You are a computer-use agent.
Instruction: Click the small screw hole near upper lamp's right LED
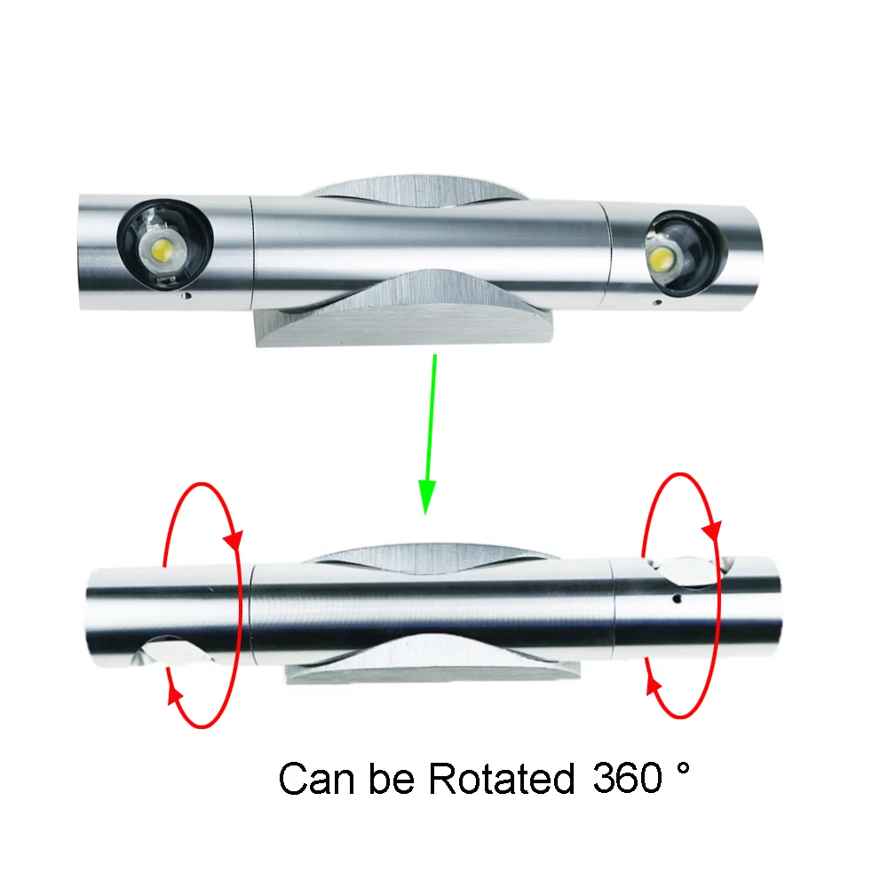point(656,303)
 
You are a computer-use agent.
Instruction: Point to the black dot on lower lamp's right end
point(677,599)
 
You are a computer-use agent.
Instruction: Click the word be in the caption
point(394,779)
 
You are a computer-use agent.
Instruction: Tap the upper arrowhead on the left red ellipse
point(235,538)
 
